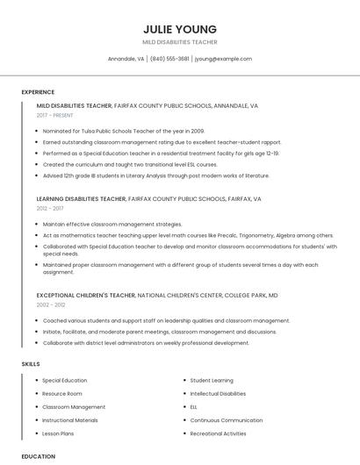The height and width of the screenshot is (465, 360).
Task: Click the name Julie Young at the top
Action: [179, 26]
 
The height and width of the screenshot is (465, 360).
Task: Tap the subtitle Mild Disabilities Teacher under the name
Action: [179, 41]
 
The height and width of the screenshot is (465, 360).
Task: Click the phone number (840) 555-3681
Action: [169, 59]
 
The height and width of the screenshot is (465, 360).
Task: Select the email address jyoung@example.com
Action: [223, 59]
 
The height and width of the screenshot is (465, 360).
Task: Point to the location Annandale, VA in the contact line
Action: [126, 59]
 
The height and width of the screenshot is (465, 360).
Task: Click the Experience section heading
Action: [38, 92]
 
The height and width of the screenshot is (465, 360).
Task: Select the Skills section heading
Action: [31, 363]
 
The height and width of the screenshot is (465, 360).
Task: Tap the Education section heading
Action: [38, 456]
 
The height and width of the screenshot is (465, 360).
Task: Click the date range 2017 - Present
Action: [56, 115]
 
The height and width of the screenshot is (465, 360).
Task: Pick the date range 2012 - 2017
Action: [49, 209]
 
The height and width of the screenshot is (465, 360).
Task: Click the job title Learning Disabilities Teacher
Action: [75, 199]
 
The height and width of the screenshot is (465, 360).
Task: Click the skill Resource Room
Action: [62, 394]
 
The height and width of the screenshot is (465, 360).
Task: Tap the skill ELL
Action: [194, 407]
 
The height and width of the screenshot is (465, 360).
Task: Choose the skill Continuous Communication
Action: [226, 420]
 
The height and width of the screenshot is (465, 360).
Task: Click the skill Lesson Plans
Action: [58, 433]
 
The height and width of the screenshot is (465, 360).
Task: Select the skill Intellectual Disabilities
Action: [218, 394]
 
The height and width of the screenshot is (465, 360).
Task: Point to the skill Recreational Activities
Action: [218, 433]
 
